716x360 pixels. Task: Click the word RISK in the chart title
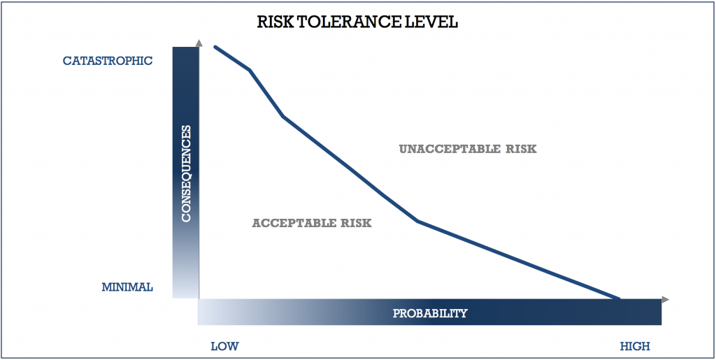click(x=274, y=22)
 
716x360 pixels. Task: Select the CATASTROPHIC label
click(x=107, y=61)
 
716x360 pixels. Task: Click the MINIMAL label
click(x=127, y=287)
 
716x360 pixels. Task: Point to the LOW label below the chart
click(x=224, y=346)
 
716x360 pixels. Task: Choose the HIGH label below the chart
click(x=635, y=346)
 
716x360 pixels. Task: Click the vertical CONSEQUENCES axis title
click(x=186, y=173)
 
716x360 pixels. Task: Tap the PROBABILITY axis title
click(x=430, y=313)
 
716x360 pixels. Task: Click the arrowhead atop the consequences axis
click(x=199, y=43)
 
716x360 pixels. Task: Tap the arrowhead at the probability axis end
click(x=666, y=299)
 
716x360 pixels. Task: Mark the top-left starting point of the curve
click(x=215, y=47)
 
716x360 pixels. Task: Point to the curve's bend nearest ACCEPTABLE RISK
click(x=417, y=222)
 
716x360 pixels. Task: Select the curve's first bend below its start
click(x=250, y=70)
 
